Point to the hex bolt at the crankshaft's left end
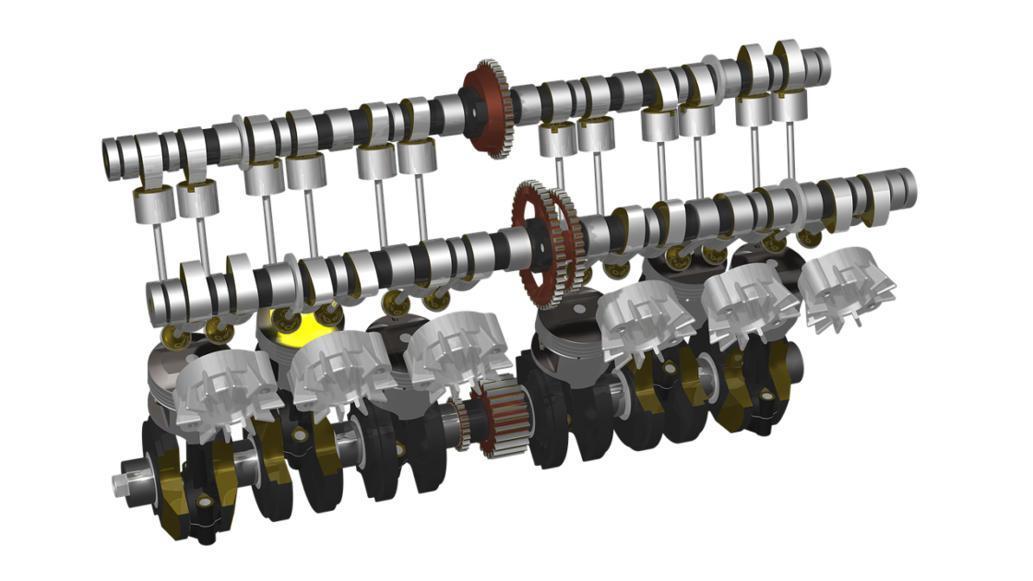[120, 482]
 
